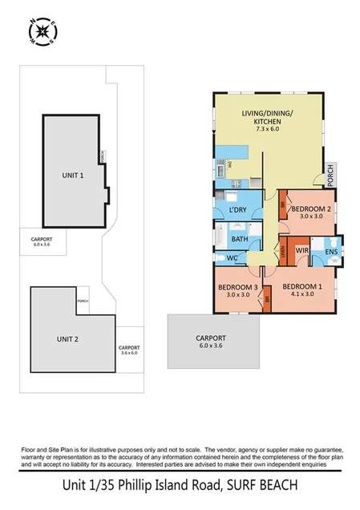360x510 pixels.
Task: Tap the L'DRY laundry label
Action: [x=237, y=211]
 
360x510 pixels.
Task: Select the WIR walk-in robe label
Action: [x=302, y=251]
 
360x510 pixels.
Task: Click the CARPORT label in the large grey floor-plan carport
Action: [x=211, y=338]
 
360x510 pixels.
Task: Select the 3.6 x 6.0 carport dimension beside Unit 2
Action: [x=129, y=352]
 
